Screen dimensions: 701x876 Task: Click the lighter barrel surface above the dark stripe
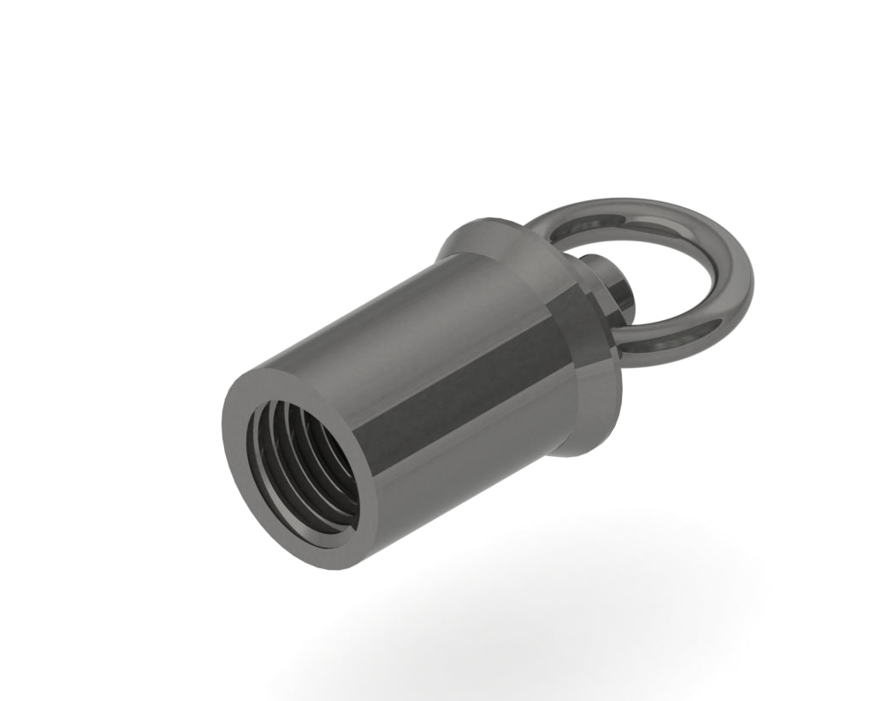pyautogui.click(x=402, y=308)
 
